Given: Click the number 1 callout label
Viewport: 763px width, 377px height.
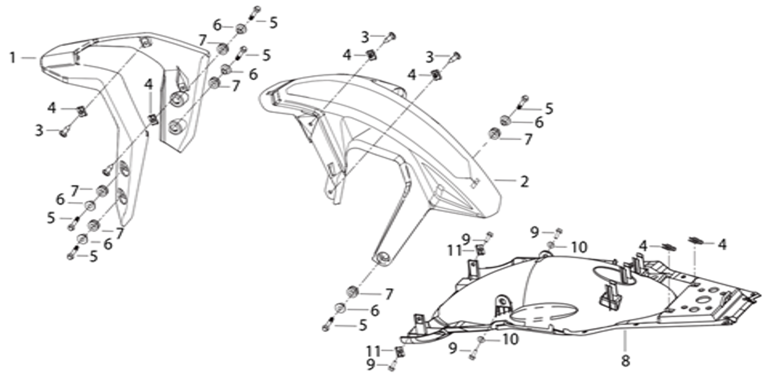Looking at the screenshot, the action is click(13, 58).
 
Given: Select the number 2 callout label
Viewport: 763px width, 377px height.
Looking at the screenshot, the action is click(525, 182).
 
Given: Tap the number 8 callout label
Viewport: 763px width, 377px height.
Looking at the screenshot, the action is click(625, 361).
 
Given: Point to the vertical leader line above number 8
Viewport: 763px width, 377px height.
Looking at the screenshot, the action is click(625, 342).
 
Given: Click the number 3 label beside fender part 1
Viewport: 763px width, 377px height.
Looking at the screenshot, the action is click(40, 130).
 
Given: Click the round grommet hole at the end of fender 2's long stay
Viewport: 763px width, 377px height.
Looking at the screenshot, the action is click(383, 258).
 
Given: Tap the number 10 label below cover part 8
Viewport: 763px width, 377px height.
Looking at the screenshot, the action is click(510, 340).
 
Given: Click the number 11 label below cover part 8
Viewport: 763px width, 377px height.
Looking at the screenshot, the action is click(375, 351).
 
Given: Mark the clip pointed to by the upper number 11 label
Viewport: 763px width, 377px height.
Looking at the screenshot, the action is click(480, 251).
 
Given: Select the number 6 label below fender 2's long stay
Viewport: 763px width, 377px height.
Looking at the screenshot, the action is click(375, 311).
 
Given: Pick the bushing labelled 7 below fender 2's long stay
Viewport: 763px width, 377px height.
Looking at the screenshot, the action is click(353, 292).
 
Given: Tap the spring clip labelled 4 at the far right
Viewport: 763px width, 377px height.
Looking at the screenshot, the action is click(696, 241).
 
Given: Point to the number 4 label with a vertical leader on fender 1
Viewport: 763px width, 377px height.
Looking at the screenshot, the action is click(149, 84).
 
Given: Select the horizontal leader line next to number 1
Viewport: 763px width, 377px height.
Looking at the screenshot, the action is click(29, 58).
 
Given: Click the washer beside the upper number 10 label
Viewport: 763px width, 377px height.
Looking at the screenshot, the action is click(551, 245).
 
